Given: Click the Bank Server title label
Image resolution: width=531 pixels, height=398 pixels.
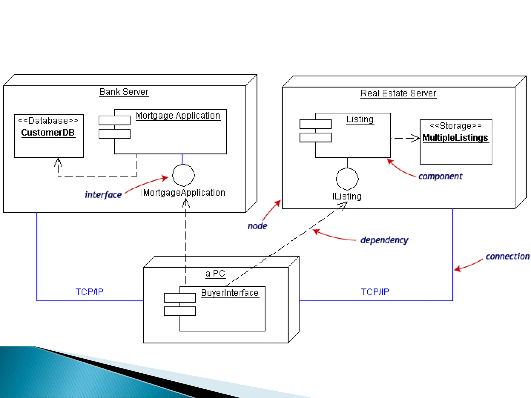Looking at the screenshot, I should pyautogui.click(x=124, y=92).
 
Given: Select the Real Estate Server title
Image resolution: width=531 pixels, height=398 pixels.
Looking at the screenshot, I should pyautogui.click(x=398, y=93).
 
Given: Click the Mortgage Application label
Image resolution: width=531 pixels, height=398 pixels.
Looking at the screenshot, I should pyautogui.click(x=178, y=116).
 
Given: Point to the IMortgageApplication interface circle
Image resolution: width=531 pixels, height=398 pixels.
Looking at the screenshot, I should pyautogui.click(x=183, y=175).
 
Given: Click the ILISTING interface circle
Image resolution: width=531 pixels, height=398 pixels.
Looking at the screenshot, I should pyautogui.click(x=347, y=179).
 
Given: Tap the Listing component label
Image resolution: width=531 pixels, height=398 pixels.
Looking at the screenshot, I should pyautogui.click(x=360, y=119).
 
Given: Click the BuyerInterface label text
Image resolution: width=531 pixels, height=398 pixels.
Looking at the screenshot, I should pyautogui.click(x=230, y=293).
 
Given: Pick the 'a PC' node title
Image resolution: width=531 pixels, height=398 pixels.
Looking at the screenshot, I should pyautogui.click(x=215, y=274).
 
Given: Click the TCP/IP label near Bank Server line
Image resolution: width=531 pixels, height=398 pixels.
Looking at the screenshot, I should pyautogui.click(x=89, y=292).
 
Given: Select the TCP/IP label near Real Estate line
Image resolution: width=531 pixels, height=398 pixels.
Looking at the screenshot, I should pyautogui.click(x=375, y=292).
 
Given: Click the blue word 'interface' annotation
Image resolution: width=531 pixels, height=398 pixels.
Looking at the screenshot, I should pyautogui.click(x=103, y=195).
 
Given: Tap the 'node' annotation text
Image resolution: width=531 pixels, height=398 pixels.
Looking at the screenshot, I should pyautogui.click(x=257, y=226).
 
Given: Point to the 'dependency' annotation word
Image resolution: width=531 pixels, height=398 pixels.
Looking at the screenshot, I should pyautogui.click(x=384, y=240).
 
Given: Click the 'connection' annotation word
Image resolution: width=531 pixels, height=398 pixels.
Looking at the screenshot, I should pyautogui.click(x=507, y=257).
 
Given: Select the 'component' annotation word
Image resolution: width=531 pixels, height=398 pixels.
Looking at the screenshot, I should pyautogui.click(x=440, y=176).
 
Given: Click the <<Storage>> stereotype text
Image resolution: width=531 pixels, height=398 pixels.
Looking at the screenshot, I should pyautogui.click(x=456, y=126).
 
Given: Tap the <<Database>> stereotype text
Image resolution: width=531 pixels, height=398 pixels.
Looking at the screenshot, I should pyautogui.click(x=48, y=121).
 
